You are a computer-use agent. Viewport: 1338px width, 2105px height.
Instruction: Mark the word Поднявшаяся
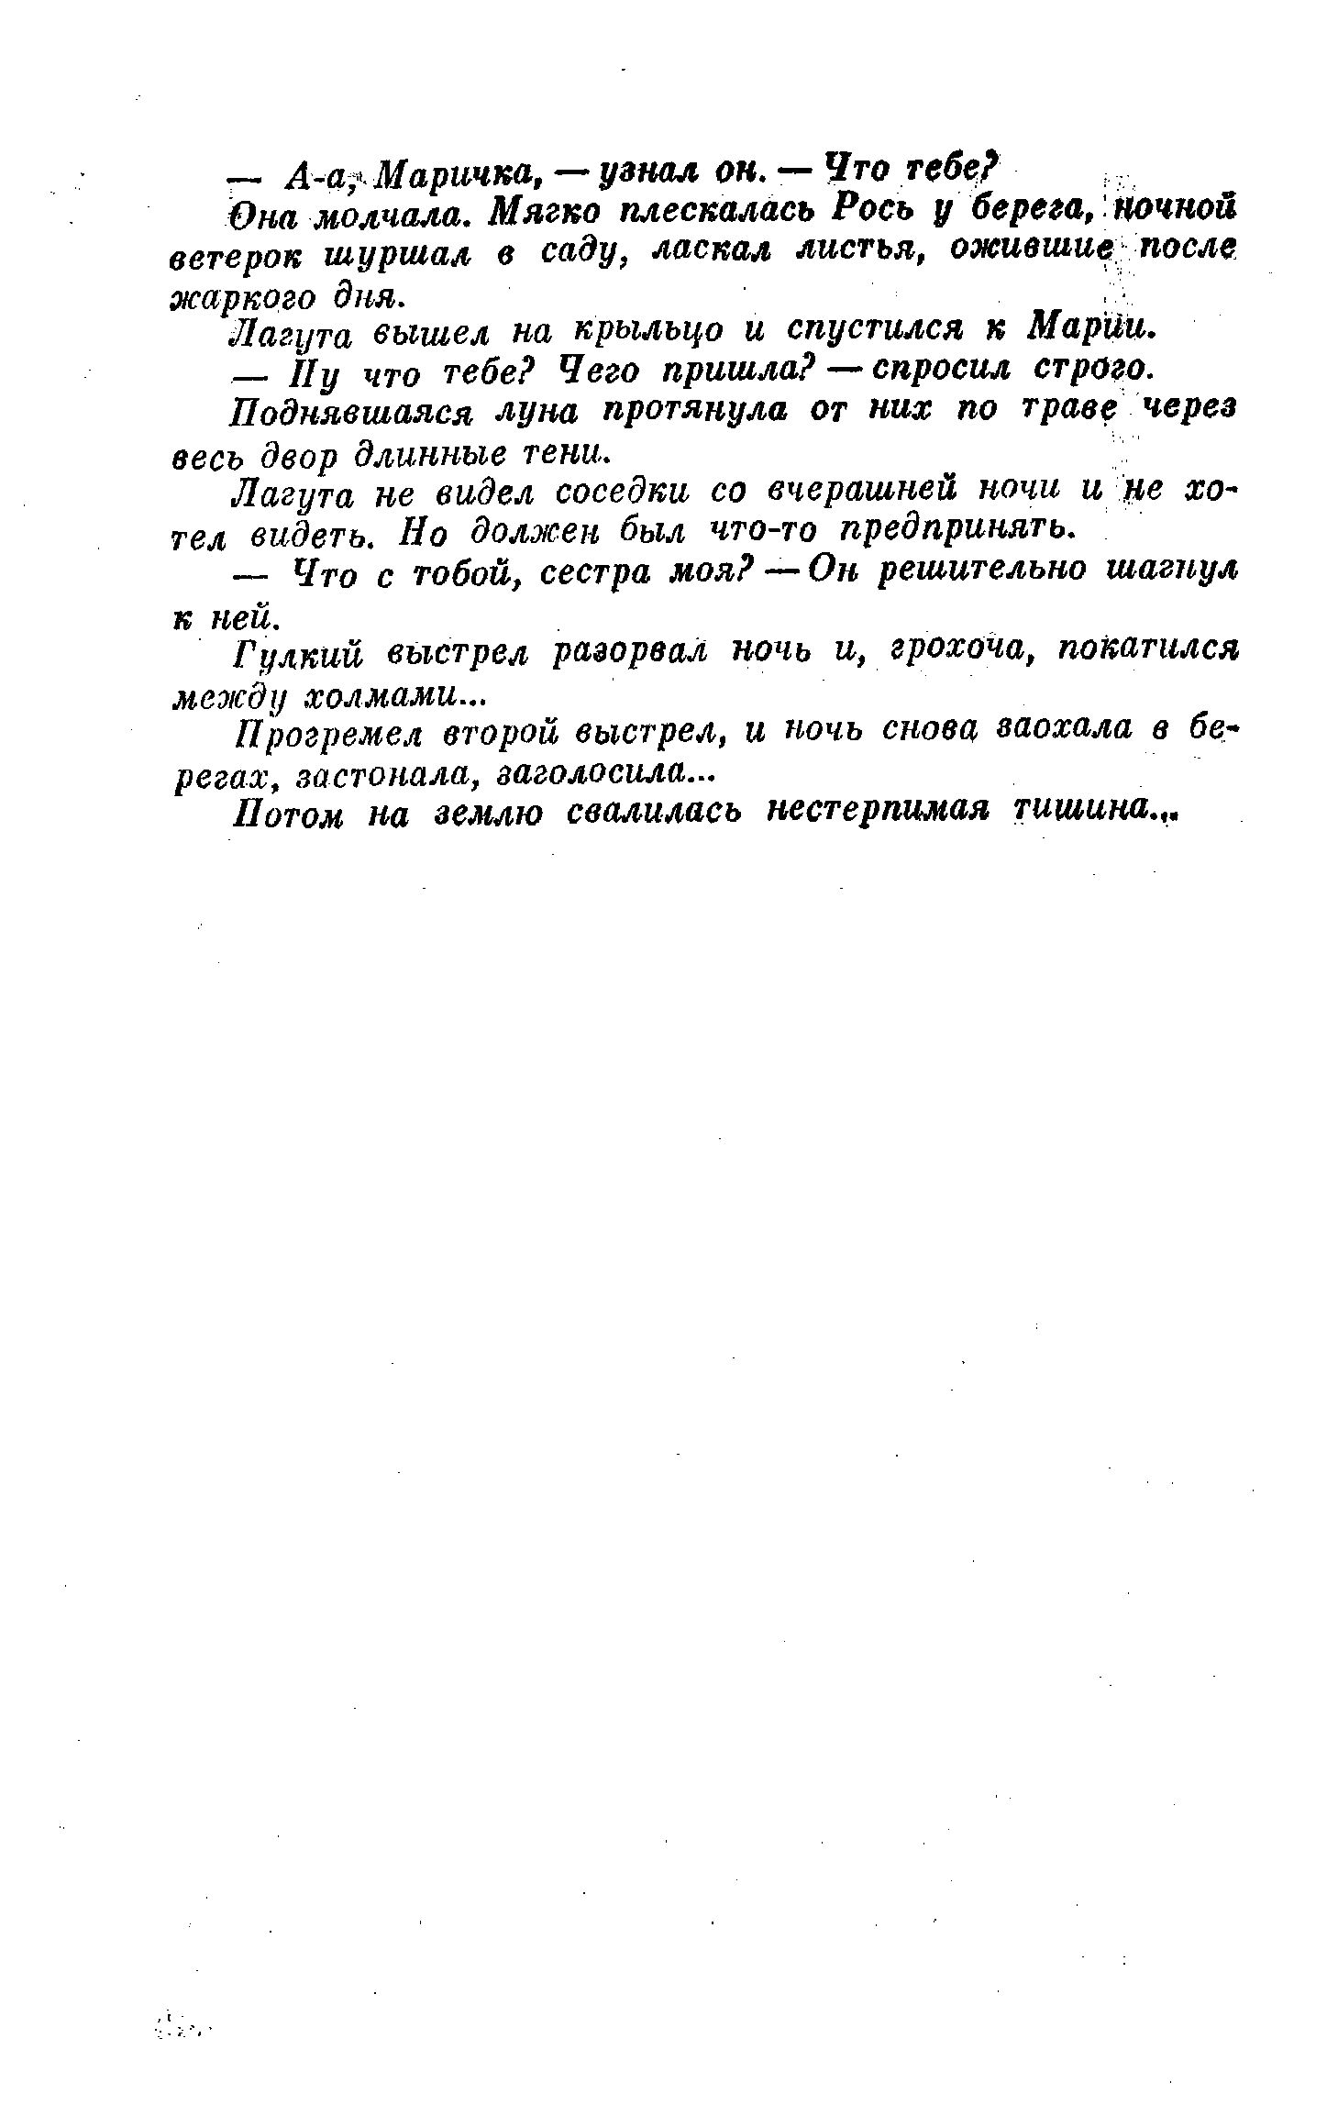[350, 413]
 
